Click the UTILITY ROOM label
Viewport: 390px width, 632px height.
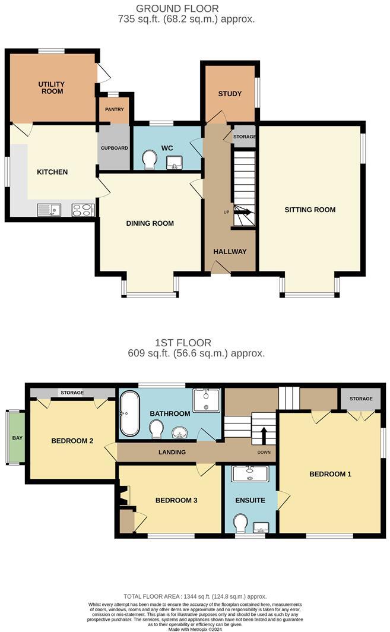pyautogui.click(x=52, y=88)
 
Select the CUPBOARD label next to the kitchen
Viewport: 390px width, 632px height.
pyautogui.click(x=114, y=148)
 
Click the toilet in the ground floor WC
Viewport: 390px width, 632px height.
pyautogui.click(x=150, y=159)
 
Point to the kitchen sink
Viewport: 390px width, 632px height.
pyautogui.click(x=48, y=209)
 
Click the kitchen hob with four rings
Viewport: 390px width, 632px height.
pyautogui.click(x=83, y=209)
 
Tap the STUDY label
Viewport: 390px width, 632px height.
pyautogui.click(x=230, y=94)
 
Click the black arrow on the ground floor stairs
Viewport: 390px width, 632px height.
pyautogui.click(x=243, y=211)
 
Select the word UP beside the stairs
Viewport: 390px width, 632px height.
pyautogui.click(x=226, y=212)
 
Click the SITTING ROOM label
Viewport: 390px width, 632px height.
pyautogui.click(x=310, y=210)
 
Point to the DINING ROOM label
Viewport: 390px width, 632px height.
pyautogui.click(x=150, y=223)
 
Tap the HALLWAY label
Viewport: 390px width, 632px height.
pyautogui.click(x=230, y=251)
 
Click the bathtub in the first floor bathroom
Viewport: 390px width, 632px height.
pyautogui.click(x=129, y=413)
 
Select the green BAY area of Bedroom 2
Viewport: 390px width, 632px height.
pyautogui.click(x=17, y=438)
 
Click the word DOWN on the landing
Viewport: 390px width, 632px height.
pyautogui.click(x=264, y=452)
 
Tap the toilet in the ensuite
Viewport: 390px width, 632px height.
pyautogui.click(x=242, y=523)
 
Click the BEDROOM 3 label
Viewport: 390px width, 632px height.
pyautogui.click(x=176, y=500)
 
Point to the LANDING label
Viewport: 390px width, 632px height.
pyautogui.click(x=172, y=452)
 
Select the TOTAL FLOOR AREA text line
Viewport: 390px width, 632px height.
pyautogui.click(x=195, y=596)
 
